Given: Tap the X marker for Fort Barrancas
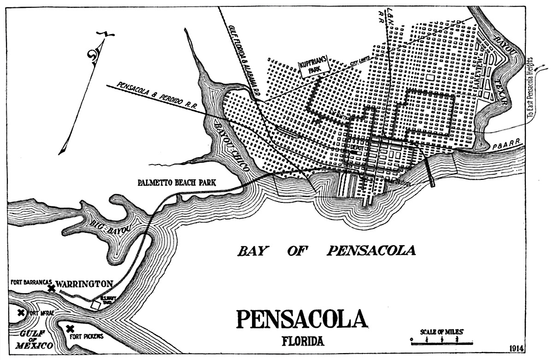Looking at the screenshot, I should coord(52,288).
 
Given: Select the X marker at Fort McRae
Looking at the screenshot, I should coord(21,313).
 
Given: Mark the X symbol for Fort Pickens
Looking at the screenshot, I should coord(70,329).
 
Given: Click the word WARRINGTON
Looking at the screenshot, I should coord(85,283).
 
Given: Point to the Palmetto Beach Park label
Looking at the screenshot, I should coord(177,183).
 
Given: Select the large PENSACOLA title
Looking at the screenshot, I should coord(302,319).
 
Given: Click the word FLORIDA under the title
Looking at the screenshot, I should coord(303,342).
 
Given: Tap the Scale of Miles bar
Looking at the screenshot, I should coord(441,342).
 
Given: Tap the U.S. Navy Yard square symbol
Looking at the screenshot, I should coord(96,305).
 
